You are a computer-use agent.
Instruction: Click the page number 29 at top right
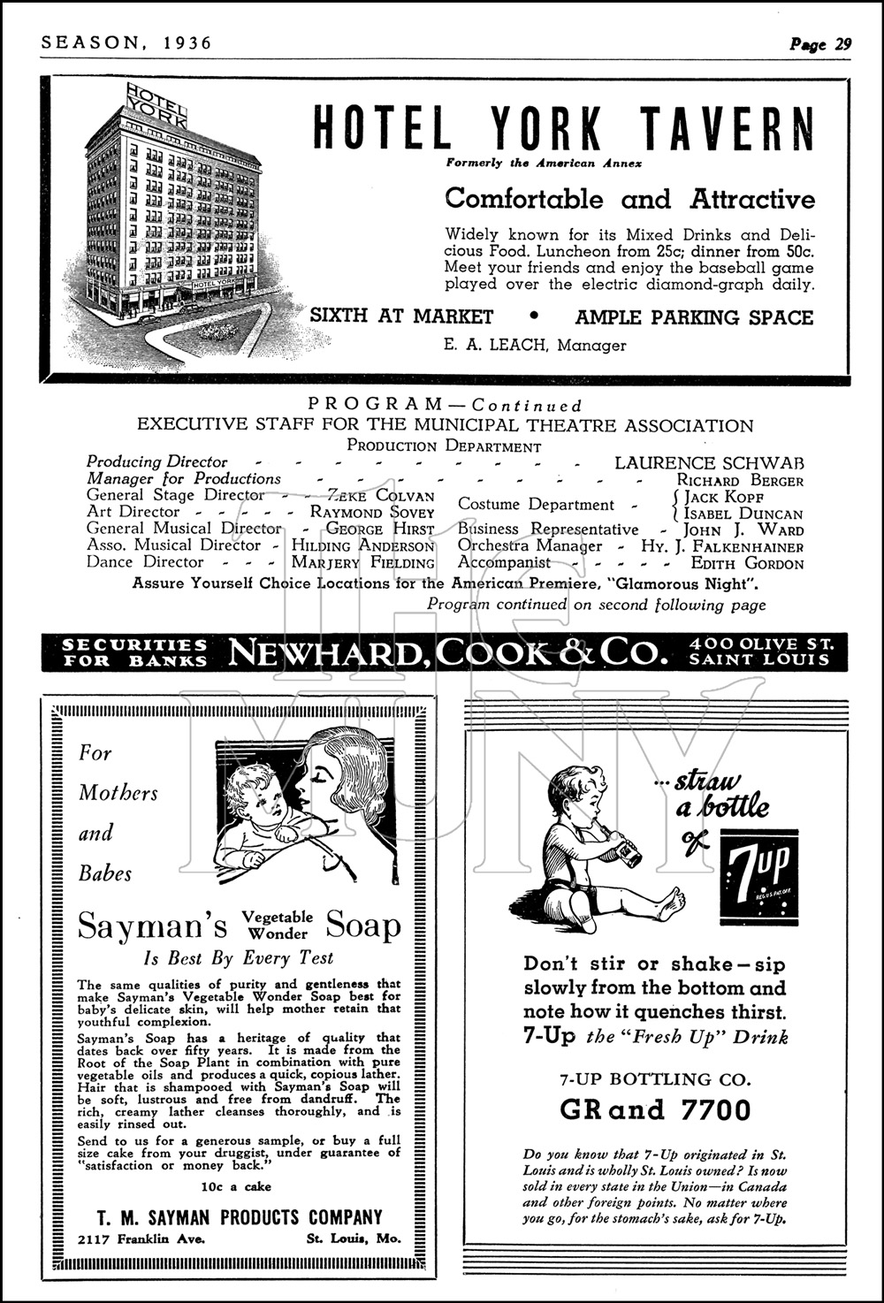click(x=842, y=43)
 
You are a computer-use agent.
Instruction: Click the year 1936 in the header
click(x=187, y=42)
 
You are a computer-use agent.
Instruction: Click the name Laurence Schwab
click(x=709, y=462)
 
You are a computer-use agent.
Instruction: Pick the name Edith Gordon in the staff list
click(x=747, y=563)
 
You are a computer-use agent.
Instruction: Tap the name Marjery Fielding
click(x=363, y=562)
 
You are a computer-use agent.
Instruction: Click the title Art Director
click(x=133, y=512)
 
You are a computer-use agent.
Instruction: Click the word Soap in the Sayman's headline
click(x=363, y=926)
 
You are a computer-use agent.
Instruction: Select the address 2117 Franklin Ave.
click(x=141, y=1238)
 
